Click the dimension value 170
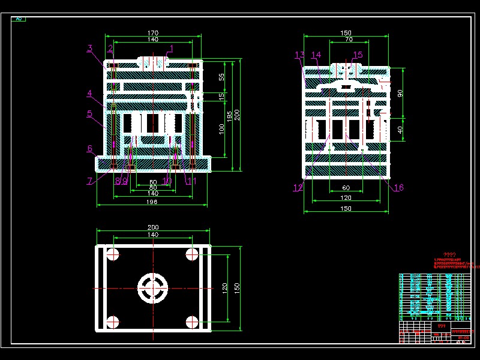pyautogui.click(x=152, y=33)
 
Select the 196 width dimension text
pyautogui.click(x=152, y=202)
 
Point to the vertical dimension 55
pyautogui.click(x=221, y=77)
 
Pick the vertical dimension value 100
pyautogui.click(x=221, y=128)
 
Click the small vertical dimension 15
pyautogui.click(x=221, y=95)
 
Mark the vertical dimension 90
pyautogui.click(x=400, y=93)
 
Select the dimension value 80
pyautogui.click(x=152, y=182)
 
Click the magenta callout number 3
pyautogui.click(x=89, y=48)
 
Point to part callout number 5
pyautogui.click(x=89, y=113)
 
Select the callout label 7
pyautogui.click(x=89, y=181)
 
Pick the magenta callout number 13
pyautogui.click(x=300, y=55)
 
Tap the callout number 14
pyautogui.click(x=316, y=55)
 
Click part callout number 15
pyautogui.click(x=358, y=55)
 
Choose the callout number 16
pyautogui.click(x=398, y=188)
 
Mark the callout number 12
pyautogui.click(x=298, y=188)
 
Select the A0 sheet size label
pyautogui.click(x=19, y=19)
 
